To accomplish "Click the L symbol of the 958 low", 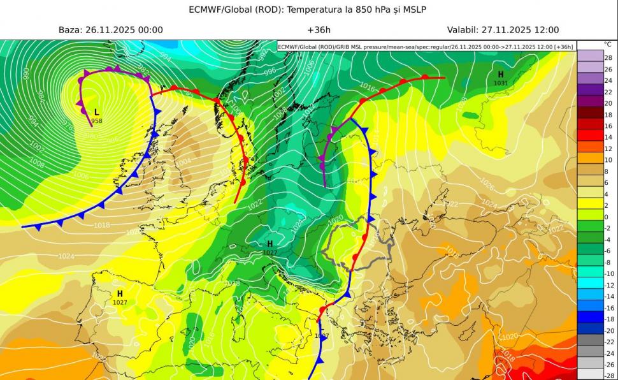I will [97, 112].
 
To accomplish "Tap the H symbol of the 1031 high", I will [501, 75].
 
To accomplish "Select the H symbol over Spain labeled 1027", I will [119, 294].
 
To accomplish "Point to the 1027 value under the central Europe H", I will [269, 252].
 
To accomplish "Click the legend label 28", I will [608, 58].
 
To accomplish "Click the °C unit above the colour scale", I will [607, 45].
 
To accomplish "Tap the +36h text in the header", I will [318, 30].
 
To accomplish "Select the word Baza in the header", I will [70, 30].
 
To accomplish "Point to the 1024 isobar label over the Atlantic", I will [66, 256].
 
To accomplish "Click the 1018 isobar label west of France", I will [101, 225].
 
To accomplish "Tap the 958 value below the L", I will [97, 121].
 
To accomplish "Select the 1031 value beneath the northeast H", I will [501, 83].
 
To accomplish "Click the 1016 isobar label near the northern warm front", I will [367, 86].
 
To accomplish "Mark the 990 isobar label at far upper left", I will [26, 73].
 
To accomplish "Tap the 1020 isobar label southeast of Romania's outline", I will [510, 336].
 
